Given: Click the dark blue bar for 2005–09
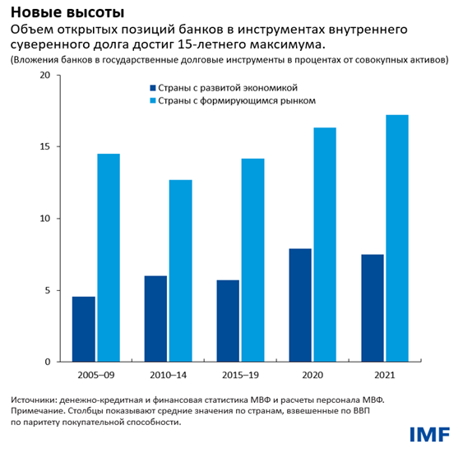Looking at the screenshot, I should (x=83, y=329).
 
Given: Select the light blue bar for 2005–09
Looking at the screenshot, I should (x=108, y=257).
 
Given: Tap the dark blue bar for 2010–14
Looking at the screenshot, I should (x=155, y=318).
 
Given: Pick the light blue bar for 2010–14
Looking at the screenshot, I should (x=180, y=270).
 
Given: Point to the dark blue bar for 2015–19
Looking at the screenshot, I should (x=228, y=321).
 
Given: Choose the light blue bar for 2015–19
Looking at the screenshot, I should (x=252, y=260).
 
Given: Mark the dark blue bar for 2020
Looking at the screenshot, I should (x=300, y=305).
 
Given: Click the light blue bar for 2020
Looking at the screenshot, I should (x=325, y=244).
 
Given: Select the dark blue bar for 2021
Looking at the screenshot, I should (x=373, y=307).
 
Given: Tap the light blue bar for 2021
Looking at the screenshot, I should (x=397, y=238).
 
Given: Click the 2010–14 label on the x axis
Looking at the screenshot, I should (x=168, y=374).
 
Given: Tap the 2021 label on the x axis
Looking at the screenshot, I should (x=384, y=374).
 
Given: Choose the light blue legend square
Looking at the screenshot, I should (x=151, y=100).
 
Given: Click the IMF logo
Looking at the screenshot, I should (x=430, y=433).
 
